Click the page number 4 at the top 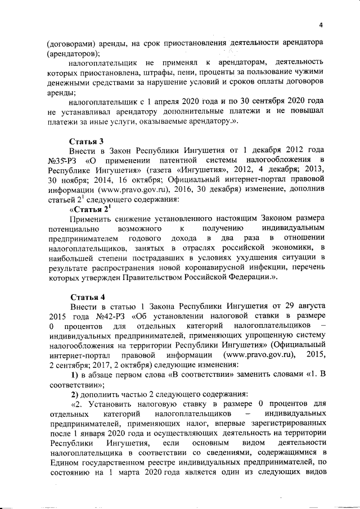click(321, 25)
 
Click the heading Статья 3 click(86, 141)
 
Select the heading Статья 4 click(86, 296)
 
